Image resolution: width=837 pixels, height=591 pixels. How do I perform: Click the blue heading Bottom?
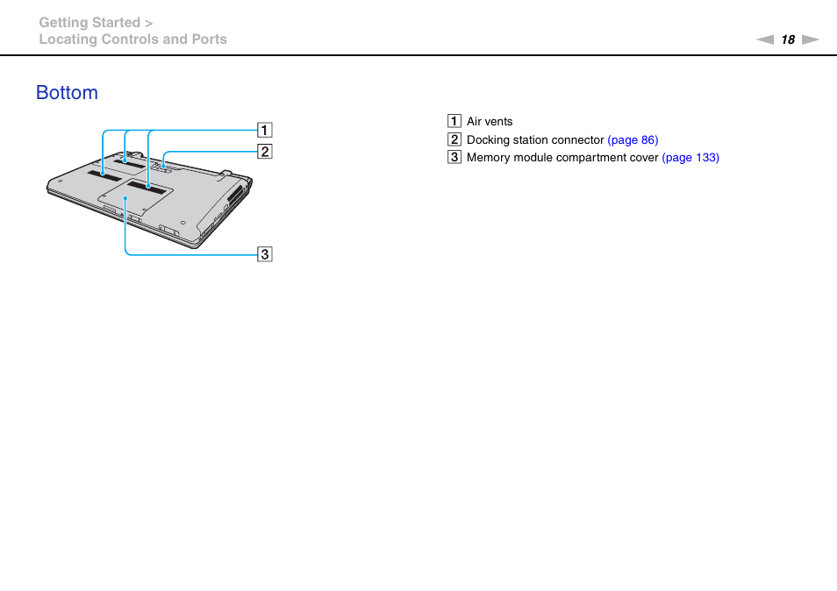pyautogui.click(x=68, y=93)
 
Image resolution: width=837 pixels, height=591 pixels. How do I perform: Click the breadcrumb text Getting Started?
pyautogui.click(x=89, y=23)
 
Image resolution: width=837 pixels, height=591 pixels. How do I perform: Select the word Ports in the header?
pyautogui.click(x=210, y=39)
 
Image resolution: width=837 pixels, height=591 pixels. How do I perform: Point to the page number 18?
pyautogui.click(x=788, y=39)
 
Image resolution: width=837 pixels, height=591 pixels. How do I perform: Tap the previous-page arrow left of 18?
pyautogui.click(x=765, y=39)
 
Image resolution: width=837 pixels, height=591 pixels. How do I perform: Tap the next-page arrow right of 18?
pyautogui.click(x=810, y=39)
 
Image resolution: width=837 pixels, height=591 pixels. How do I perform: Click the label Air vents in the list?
pyautogui.click(x=490, y=122)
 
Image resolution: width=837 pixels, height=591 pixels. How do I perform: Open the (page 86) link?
pyautogui.click(x=633, y=140)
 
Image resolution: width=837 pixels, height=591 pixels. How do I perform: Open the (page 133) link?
pyautogui.click(x=690, y=158)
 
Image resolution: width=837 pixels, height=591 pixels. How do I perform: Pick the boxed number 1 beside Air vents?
pyautogui.click(x=454, y=122)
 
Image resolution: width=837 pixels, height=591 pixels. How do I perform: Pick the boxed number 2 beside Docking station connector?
pyautogui.click(x=454, y=139)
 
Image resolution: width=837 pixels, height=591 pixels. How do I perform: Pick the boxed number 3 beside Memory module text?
pyautogui.click(x=454, y=158)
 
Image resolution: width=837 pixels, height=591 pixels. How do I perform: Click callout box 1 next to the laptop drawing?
pyautogui.click(x=264, y=131)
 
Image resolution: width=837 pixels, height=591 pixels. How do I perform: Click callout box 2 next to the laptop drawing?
pyautogui.click(x=264, y=152)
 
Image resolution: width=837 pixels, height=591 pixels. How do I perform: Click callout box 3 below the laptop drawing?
pyautogui.click(x=264, y=254)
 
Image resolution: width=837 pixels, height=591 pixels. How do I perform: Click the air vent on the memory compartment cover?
pyautogui.click(x=147, y=186)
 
